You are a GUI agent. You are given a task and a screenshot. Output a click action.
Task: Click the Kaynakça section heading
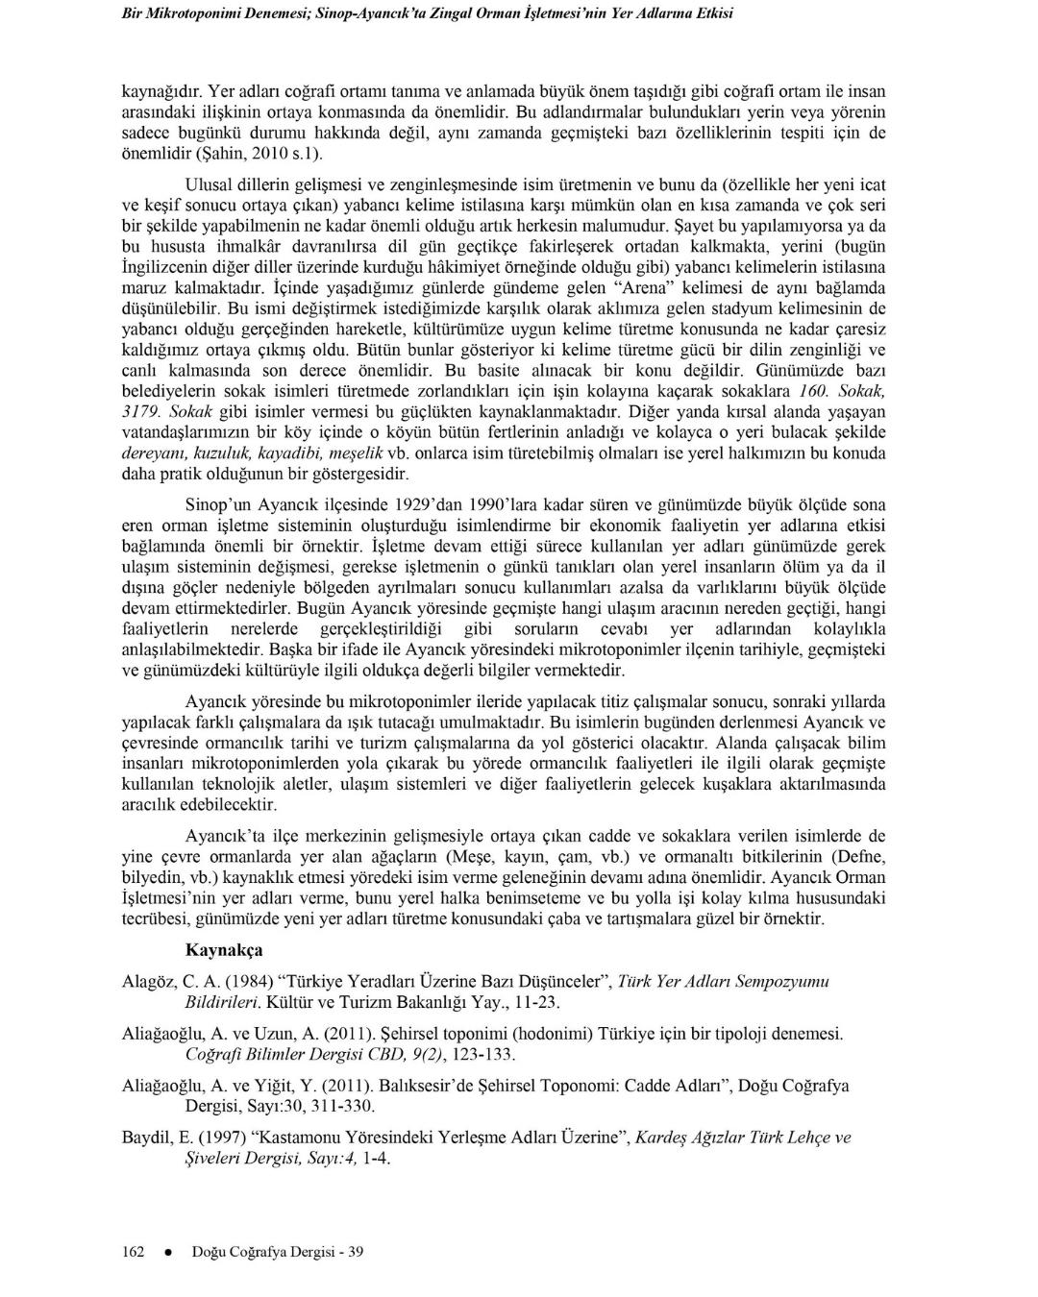[x=223, y=950]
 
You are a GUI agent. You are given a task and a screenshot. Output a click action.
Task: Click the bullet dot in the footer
[x=167, y=1252]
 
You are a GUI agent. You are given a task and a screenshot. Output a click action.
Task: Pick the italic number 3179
[x=139, y=411]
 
